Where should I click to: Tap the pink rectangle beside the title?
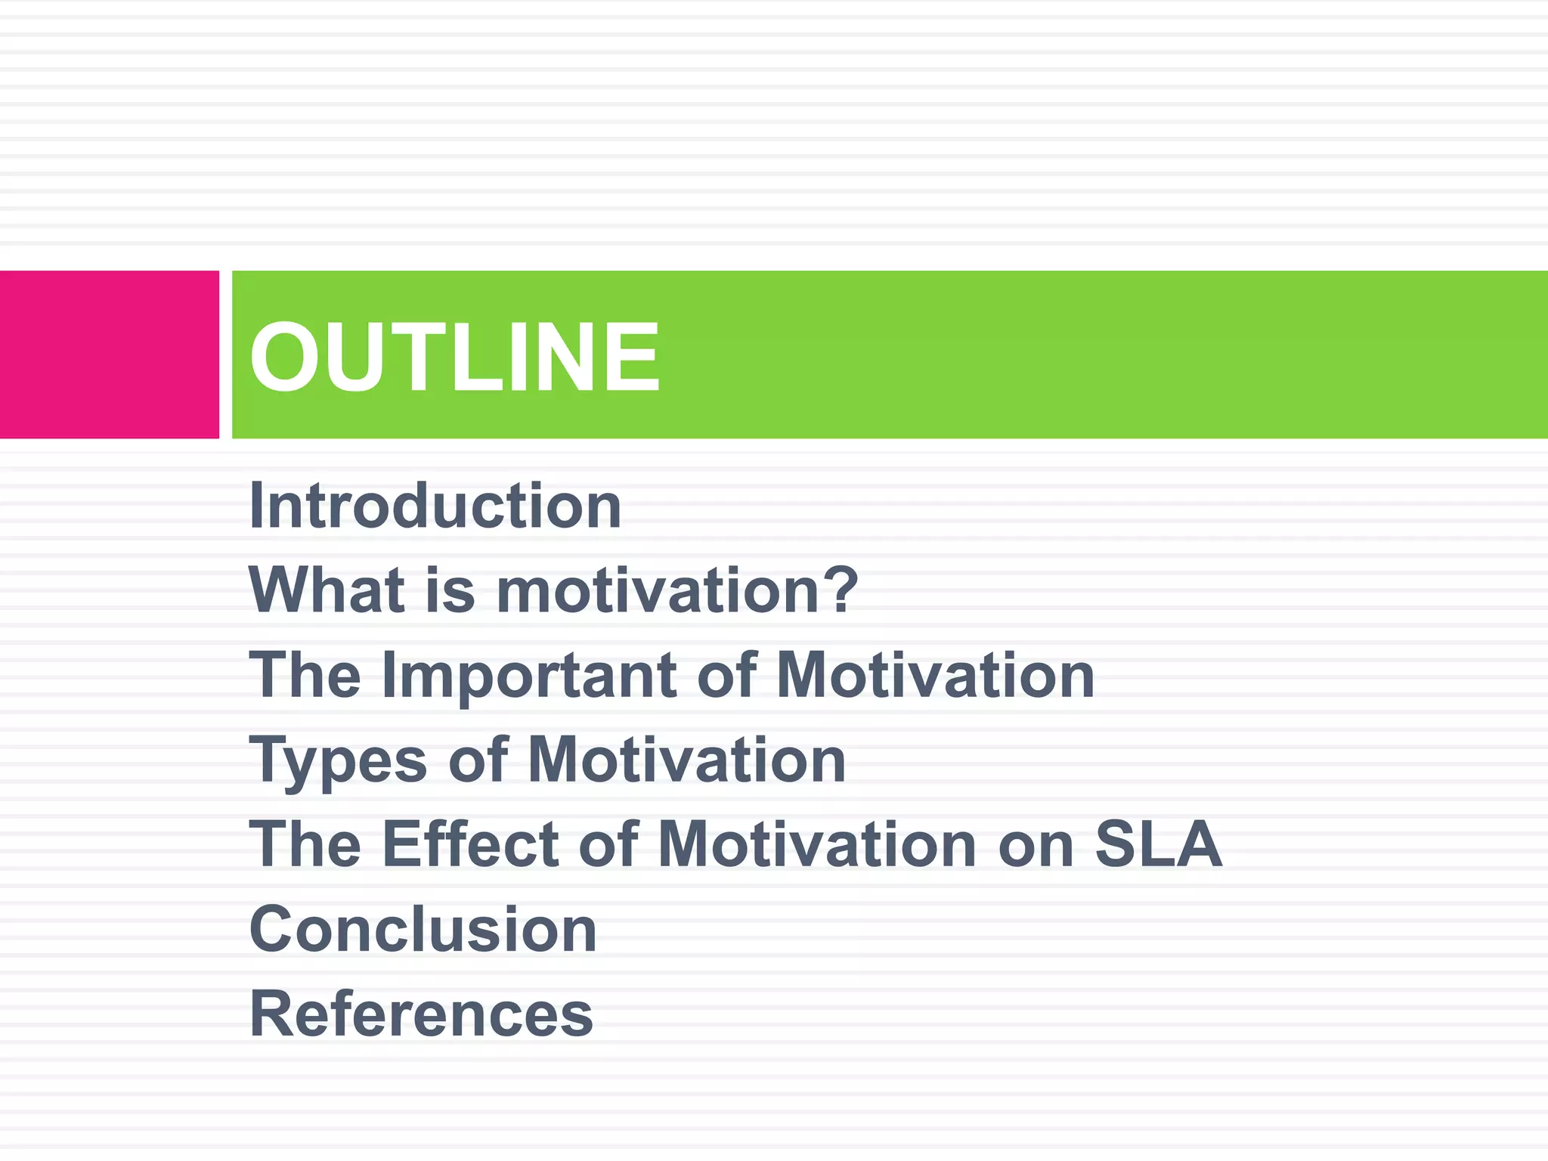(x=109, y=354)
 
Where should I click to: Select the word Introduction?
(x=435, y=506)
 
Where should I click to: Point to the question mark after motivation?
(x=841, y=590)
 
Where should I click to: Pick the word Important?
(x=529, y=676)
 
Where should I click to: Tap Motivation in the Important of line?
(x=936, y=675)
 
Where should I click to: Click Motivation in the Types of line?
(x=686, y=760)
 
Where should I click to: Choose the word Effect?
(x=470, y=844)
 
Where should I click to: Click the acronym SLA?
(x=1158, y=844)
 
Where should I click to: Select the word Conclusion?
(x=423, y=930)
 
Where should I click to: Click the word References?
(x=421, y=1014)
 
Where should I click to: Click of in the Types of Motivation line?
(x=478, y=760)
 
